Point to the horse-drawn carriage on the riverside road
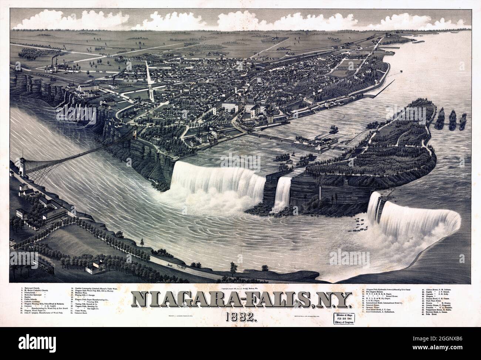coord(174,266)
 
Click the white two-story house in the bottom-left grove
coord(96,266)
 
